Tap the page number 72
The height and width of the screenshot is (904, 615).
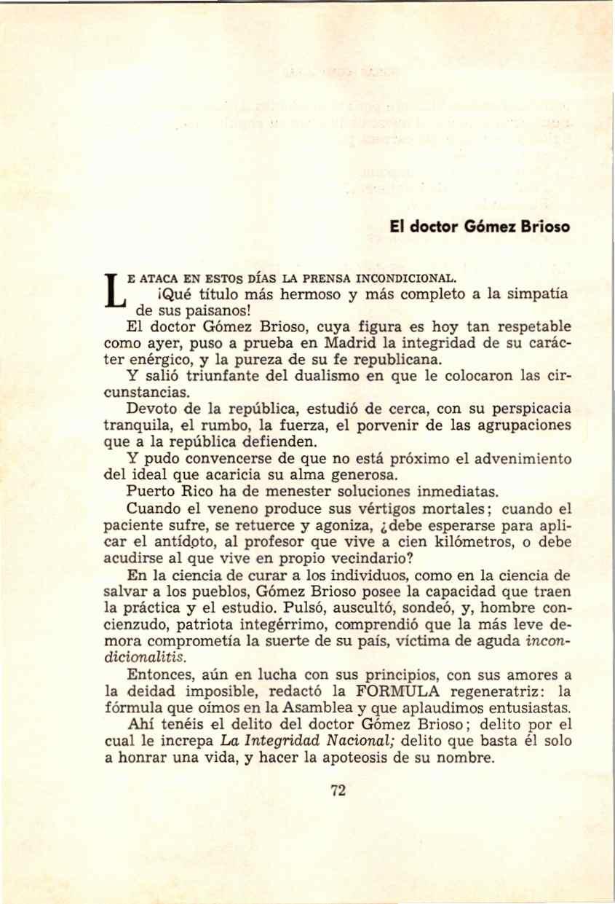(336, 793)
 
